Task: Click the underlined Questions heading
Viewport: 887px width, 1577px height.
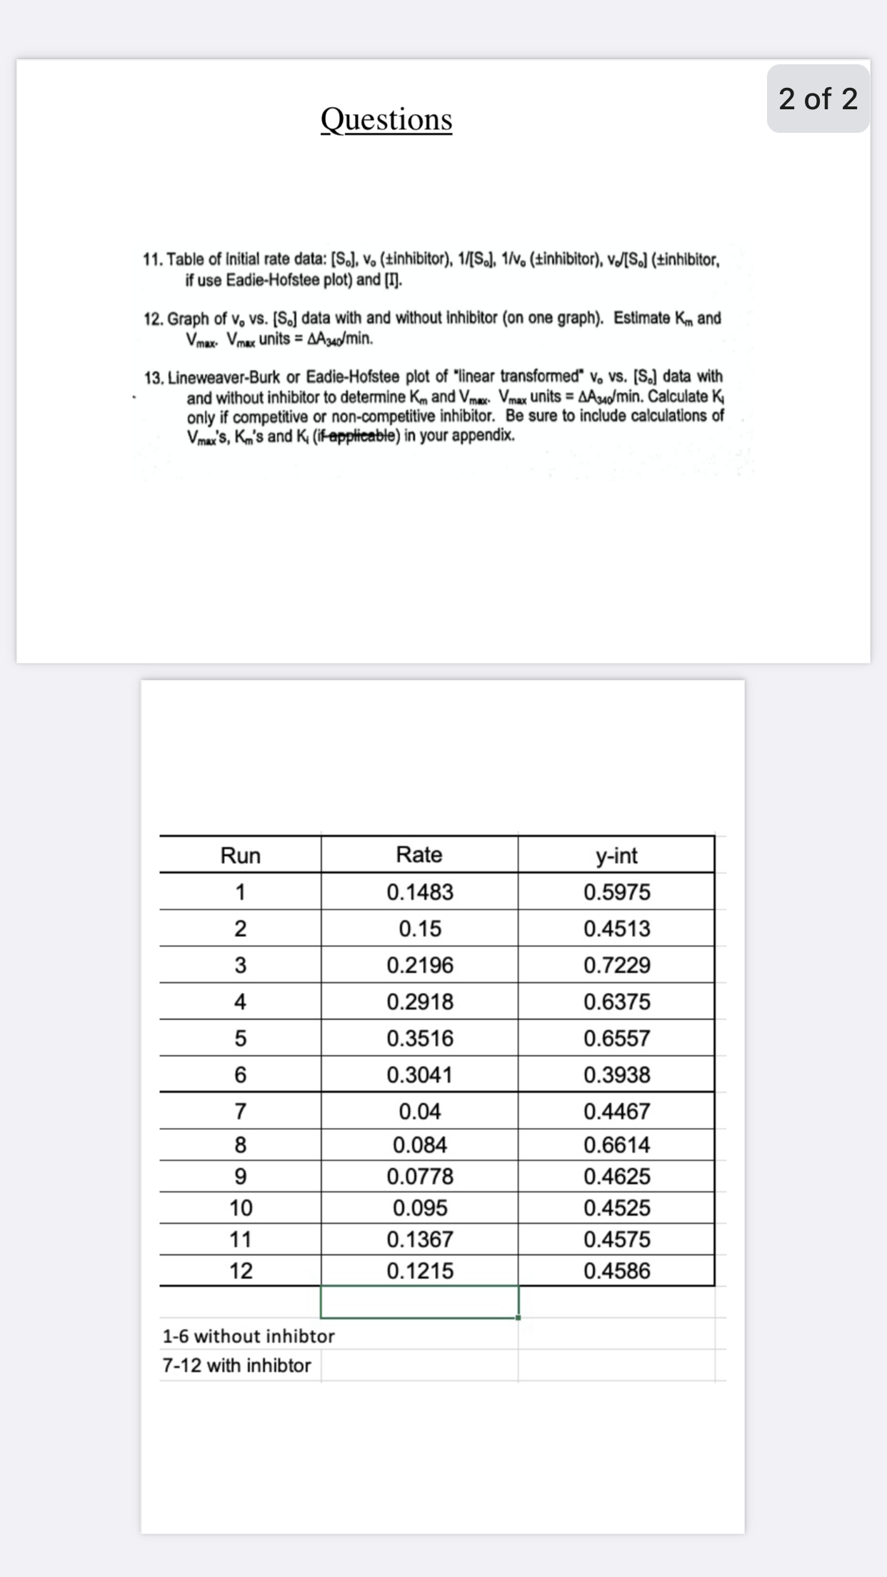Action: click(386, 119)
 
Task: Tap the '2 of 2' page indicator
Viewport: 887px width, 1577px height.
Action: click(818, 99)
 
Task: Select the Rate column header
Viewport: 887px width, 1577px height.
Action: click(419, 854)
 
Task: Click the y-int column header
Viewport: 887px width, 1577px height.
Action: click(616, 855)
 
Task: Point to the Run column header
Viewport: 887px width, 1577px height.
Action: click(240, 855)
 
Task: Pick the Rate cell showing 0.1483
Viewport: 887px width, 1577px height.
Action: click(420, 892)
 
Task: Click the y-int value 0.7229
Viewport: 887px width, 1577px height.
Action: click(616, 966)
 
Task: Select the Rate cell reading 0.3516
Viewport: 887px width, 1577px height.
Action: click(420, 1038)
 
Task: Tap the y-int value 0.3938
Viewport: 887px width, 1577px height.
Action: click(616, 1075)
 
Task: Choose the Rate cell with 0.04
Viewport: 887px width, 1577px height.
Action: click(420, 1111)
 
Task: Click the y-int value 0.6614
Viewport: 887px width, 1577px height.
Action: click(616, 1145)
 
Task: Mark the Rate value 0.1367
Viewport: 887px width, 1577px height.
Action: click(420, 1239)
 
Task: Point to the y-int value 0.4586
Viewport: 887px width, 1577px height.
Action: click(616, 1271)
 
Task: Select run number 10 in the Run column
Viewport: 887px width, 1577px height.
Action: click(241, 1208)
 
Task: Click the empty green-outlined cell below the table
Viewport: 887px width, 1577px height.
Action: click(420, 1301)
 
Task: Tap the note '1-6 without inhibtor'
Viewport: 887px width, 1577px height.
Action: click(249, 1336)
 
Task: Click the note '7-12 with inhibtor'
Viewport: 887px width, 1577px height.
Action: click(236, 1366)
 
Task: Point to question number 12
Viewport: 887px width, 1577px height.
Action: click(154, 319)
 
